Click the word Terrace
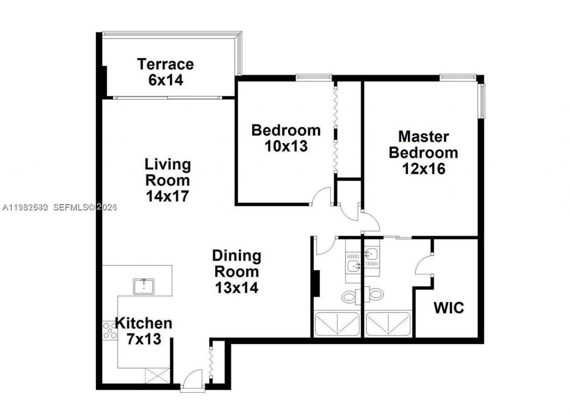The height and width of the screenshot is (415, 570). click(165, 64)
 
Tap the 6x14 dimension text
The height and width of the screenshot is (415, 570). click(166, 81)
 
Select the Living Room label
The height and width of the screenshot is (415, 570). click(167, 172)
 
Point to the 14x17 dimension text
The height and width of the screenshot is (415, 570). click(167, 196)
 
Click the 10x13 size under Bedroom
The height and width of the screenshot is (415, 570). click(286, 146)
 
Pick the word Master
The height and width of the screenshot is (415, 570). click(423, 136)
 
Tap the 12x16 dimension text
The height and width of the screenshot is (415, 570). click(423, 168)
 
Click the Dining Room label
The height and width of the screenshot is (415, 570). click(236, 263)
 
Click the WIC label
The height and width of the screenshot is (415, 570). click(448, 308)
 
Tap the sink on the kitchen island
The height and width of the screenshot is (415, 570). click(144, 286)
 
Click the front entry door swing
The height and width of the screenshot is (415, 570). click(192, 379)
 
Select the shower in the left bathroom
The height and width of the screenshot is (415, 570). click(337, 324)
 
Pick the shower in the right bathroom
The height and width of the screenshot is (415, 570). click(388, 324)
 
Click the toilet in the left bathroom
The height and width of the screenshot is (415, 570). click(348, 296)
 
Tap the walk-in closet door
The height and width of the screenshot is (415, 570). click(424, 267)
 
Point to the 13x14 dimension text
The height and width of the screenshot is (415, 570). click(236, 288)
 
